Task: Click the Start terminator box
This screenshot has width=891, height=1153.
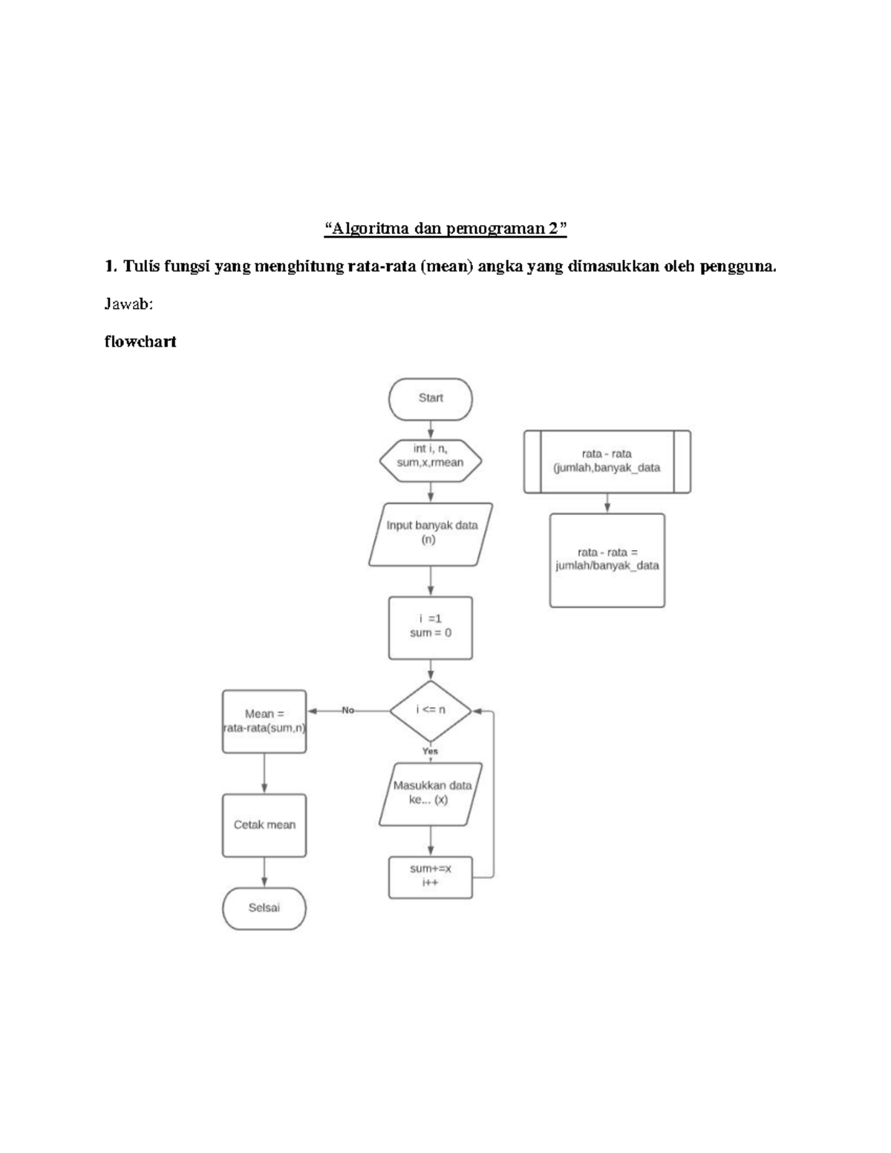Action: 431,399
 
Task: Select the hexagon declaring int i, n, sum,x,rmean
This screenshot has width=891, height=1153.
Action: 431,456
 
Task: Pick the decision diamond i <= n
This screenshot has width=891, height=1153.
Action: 431,710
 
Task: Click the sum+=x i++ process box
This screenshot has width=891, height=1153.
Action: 431,877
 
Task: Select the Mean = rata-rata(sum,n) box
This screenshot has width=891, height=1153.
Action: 264,721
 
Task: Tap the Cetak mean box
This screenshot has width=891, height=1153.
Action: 264,825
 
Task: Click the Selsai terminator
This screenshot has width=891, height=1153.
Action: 264,908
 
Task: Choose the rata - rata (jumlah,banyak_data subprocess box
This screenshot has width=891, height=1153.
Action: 607,461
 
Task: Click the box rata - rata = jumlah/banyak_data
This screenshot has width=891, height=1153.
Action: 607,560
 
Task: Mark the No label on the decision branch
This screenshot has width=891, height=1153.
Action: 348,711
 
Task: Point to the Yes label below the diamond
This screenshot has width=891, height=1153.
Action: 431,751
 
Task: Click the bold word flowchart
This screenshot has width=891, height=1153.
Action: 140,342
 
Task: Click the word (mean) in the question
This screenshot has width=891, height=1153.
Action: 447,267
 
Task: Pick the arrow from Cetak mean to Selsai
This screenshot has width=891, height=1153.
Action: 264,872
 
